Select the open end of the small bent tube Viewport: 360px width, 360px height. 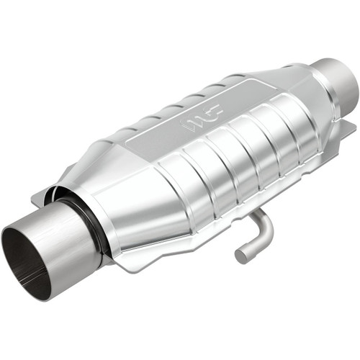(x=242, y=255)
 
